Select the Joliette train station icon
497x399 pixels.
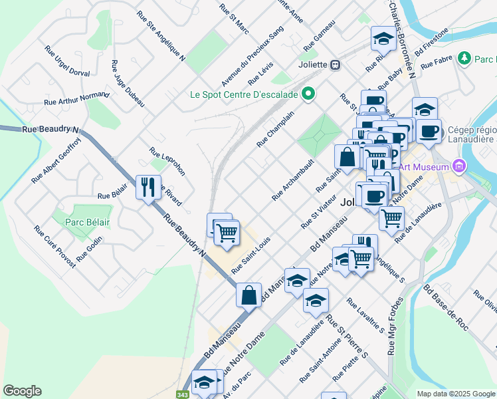(x=336, y=65)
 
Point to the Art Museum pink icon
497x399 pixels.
(x=457, y=166)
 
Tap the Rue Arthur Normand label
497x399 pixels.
(x=76, y=99)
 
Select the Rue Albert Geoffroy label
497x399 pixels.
(x=56, y=160)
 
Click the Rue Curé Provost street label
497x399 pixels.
(x=55, y=246)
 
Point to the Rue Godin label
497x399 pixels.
(x=90, y=249)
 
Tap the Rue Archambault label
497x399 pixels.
(x=292, y=180)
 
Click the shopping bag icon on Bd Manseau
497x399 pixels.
(x=248, y=295)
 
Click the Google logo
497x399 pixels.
(x=22, y=391)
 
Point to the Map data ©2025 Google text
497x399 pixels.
(x=455, y=394)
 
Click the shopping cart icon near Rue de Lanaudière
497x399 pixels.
(x=391, y=217)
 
